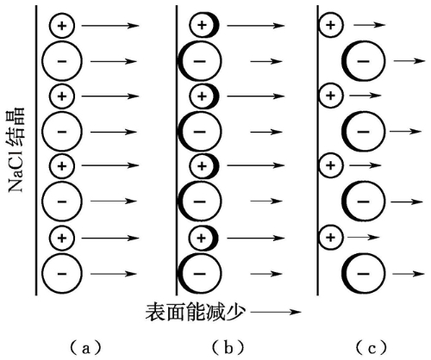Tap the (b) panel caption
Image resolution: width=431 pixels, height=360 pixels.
[x=228, y=348]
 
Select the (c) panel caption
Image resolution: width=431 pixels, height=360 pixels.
[x=372, y=348]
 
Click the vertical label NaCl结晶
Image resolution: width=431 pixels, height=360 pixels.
[x=16, y=150]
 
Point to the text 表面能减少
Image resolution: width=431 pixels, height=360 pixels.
[x=196, y=313]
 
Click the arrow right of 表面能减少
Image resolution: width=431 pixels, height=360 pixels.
[x=276, y=312]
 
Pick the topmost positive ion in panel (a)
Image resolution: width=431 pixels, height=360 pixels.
[x=62, y=26]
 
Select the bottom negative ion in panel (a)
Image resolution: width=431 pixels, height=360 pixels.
[x=62, y=274]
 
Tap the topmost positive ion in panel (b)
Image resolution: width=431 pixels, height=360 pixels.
[x=204, y=25]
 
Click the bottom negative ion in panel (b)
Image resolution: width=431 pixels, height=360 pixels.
[x=200, y=274]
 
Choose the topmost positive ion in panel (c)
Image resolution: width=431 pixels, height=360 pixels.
[x=331, y=25]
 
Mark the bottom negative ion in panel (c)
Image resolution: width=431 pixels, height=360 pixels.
[x=363, y=274]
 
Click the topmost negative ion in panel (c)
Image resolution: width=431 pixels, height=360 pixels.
[x=363, y=61]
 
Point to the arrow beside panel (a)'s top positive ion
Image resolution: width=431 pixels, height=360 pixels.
[x=110, y=26]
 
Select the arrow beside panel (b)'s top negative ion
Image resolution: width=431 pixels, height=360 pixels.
[x=266, y=61]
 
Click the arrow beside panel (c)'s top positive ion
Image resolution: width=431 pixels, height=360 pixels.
[x=370, y=25]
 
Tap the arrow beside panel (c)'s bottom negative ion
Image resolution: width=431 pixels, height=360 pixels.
[x=409, y=274]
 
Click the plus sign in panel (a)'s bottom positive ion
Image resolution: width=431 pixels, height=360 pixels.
[x=62, y=238]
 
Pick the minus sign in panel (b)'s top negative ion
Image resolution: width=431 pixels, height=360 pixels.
[x=200, y=61]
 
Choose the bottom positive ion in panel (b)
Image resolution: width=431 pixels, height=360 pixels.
[x=203, y=238]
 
